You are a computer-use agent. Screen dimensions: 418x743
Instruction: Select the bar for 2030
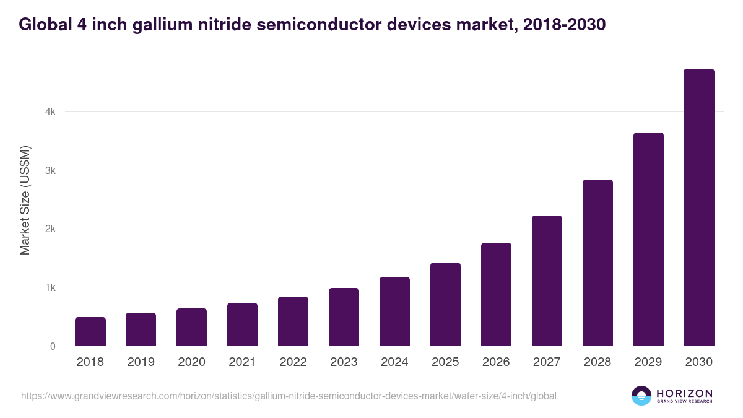pos(699,207)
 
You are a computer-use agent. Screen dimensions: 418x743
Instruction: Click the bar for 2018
pos(90,331)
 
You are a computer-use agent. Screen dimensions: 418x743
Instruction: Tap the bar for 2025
pos(445,304)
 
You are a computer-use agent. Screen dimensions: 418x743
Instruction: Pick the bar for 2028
pos(597,263)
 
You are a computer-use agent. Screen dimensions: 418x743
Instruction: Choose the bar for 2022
pos(293,321)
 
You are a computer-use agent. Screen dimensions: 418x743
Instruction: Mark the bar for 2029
pos(648,239)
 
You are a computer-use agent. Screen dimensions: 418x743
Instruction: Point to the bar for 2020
pos(191,327)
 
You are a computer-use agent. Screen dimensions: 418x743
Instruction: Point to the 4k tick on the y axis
pos(50,112)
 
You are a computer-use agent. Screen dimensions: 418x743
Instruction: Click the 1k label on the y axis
pos(50,288)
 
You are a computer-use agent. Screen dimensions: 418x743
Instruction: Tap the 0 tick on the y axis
pos(53,346)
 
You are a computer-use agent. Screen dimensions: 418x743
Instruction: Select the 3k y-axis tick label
pos(50,170)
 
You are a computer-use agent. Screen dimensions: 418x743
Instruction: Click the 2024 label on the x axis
pos(394,362)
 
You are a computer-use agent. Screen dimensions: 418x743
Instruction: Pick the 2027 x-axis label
pos(547,362)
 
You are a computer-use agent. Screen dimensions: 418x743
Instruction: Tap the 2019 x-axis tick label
pos(141,362)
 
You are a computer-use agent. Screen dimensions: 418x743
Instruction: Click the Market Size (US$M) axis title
pos(25,200)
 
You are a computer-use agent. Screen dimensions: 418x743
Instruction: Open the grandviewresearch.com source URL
pos(289,396)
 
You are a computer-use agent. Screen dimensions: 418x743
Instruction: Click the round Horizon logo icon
pos(641,396)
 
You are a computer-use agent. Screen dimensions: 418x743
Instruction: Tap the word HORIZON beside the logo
pos(684,393)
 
